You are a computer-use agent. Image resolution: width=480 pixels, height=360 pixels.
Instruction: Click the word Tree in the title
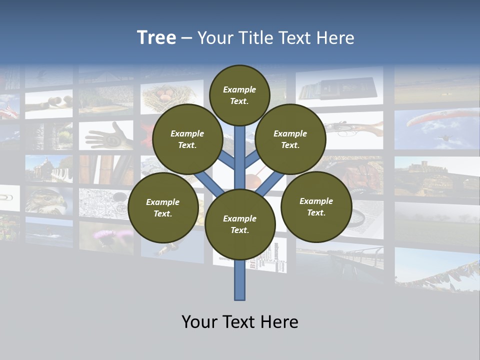click(x=156, y=38)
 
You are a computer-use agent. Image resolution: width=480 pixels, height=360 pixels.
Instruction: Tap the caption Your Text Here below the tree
click(x=240, y=322)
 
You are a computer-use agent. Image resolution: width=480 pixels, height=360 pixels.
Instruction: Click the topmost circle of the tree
click(x=239, y=95)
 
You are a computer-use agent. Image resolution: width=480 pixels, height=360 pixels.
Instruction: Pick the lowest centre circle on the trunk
click(x=240, y=224)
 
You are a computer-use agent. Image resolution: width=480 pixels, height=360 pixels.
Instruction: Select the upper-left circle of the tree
click(x=187, y=139)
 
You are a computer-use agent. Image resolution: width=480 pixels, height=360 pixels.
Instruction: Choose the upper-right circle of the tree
click(x=290, y=139)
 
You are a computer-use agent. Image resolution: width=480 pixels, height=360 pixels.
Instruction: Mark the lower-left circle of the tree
click(x=162, y=207)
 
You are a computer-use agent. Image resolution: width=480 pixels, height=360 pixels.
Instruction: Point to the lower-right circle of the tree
click(x=316, y=206)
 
